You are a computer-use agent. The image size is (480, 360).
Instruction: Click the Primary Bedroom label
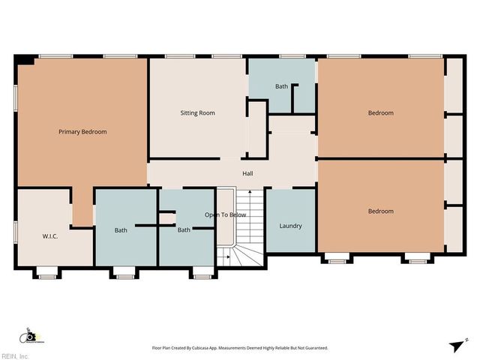(x=82, y=132)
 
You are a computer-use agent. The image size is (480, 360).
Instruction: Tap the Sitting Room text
(x=197, y=113)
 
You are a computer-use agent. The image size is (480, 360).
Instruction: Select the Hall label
(x=247, y=174)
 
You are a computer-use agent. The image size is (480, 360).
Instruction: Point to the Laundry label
(x=290, y=226)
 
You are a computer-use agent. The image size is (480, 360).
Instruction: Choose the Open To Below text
(x=226, y=214)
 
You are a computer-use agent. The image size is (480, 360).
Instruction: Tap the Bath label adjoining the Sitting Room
(x=281, y=86)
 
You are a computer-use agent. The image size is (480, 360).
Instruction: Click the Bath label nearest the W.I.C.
(x=120, y=230)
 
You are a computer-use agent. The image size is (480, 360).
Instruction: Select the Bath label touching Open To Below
(x=184, y=230)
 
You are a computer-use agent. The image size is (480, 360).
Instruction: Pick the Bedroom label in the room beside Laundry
(x=380, y=211)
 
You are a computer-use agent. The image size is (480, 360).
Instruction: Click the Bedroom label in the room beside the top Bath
(x=380, y=113)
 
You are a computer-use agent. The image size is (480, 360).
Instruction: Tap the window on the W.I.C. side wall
(x=15, y=231)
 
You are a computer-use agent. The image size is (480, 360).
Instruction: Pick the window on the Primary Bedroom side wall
(x=15, y=98)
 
